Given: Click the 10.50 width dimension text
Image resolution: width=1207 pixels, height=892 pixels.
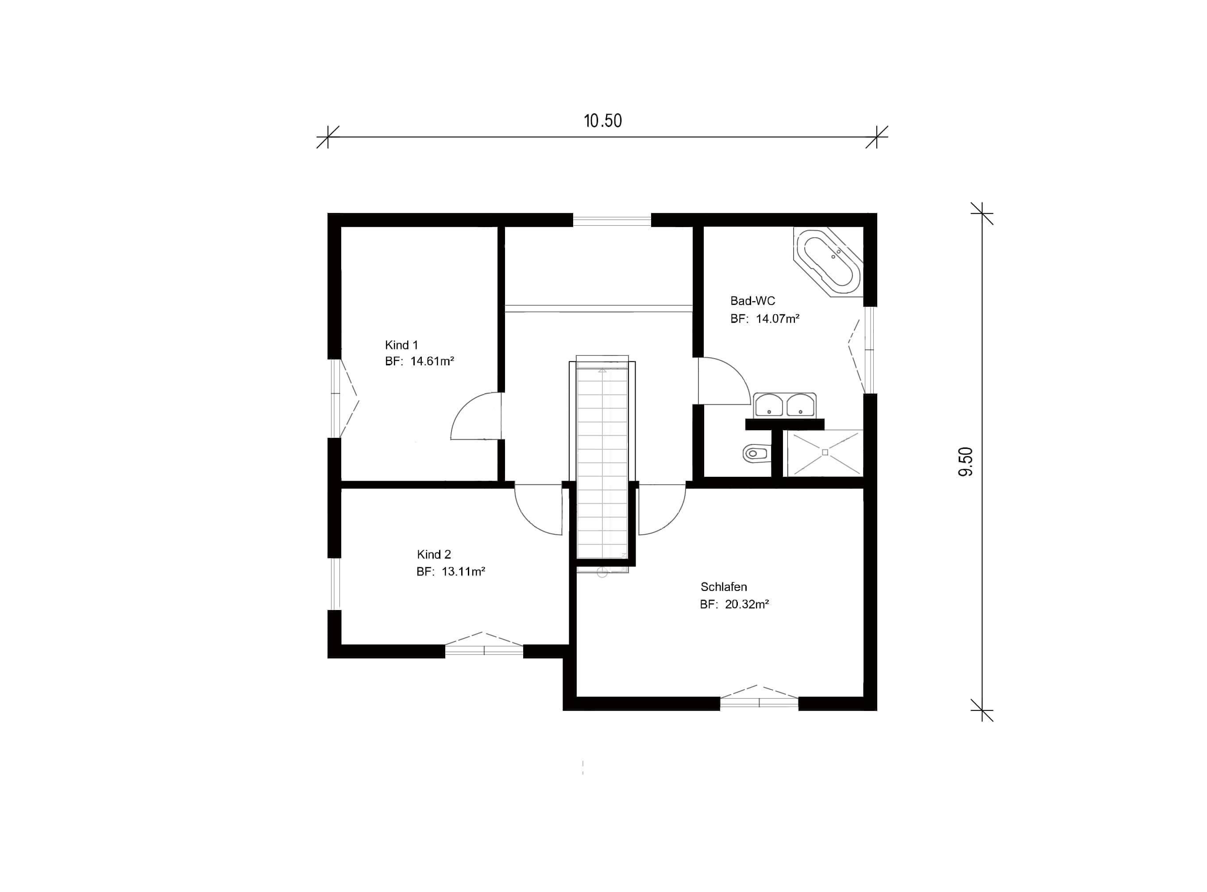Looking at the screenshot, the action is click(x=602, y=120).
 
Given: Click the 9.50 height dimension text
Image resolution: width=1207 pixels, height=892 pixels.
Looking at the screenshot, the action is click(x=965, y=462).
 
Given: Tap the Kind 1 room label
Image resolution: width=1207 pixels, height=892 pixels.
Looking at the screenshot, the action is click(x=401, y=345).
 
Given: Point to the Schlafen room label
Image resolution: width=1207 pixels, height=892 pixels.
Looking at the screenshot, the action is click(x=723, y=587).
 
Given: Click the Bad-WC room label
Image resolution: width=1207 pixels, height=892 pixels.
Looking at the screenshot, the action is click(x=752, y=301).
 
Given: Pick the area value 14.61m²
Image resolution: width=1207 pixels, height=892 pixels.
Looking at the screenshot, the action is click(x=432, y=361).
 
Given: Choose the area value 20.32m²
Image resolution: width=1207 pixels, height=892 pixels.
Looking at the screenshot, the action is click(x=747, y=604).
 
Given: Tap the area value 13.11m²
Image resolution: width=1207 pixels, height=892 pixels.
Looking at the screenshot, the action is click(x=463, y=571).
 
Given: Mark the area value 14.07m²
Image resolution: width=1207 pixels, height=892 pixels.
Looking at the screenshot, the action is click(x=777, y=319).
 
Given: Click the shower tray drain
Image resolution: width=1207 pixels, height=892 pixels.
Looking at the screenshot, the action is click(x=825, y=452).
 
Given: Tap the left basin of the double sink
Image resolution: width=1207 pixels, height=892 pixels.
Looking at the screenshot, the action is click(x=769, y=405).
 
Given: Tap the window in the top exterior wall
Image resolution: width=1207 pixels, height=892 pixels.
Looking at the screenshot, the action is click(x=612, y=220).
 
